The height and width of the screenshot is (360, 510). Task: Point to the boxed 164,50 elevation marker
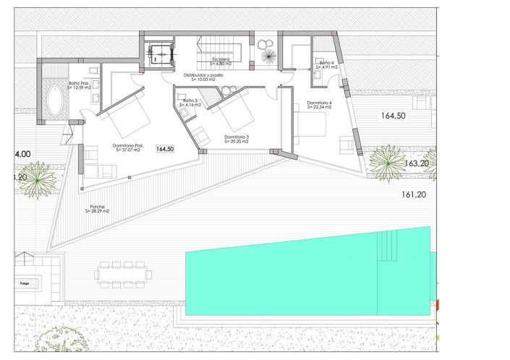point(165,149)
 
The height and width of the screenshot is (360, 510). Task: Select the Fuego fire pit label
point(24,284)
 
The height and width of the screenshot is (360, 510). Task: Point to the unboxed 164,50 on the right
point(394,115)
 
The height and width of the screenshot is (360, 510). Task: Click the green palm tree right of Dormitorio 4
point(387,160)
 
